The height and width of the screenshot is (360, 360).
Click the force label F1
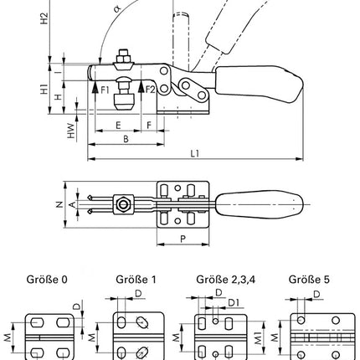(105, 89)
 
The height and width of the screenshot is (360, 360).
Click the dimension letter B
(126, 140)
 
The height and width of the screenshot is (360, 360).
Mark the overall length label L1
(194, 154)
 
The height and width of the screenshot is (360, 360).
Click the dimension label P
(183, 237)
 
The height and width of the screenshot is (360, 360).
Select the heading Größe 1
(133, 280)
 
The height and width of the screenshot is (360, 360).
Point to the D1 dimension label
(236, 302)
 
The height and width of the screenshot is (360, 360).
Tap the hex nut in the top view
(124, 203)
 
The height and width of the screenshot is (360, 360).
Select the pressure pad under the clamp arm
(124, 104)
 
